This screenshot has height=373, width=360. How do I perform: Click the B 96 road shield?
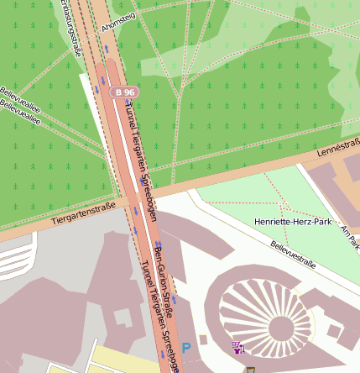point(125,91)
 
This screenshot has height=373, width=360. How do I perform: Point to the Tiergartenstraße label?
point(83,215)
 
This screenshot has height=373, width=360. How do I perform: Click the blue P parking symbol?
point(186,346)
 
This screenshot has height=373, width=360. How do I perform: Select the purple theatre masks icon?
point(238,347)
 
